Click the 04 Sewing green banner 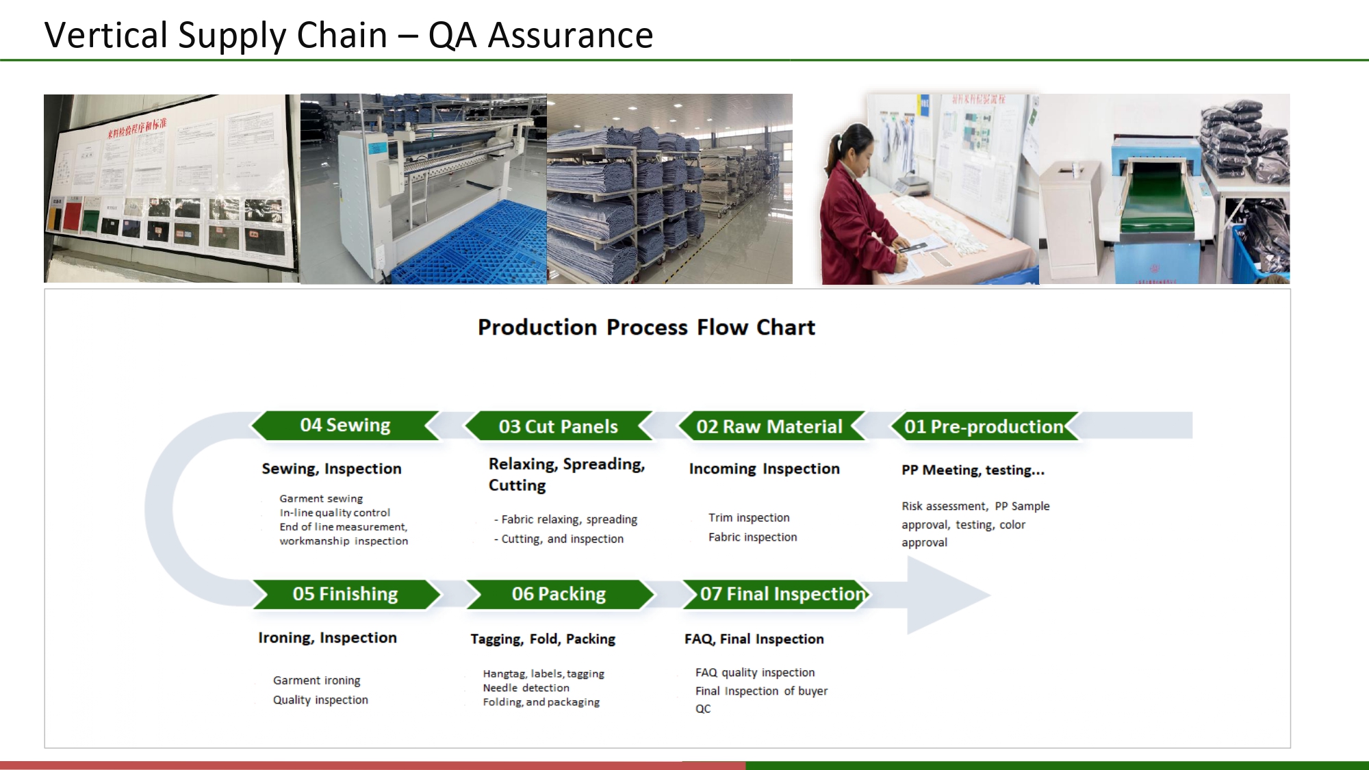point(345,425)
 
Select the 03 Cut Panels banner point(558,426)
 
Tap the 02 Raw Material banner point(769,426)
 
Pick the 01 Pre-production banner point(984,426)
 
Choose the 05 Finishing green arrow point(345,594)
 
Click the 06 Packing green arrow point(559,594)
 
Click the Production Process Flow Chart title point(646,327)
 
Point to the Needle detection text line point(526,688)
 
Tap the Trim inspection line point(749,517)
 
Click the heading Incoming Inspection point(764,469)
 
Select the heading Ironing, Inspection point(327,638)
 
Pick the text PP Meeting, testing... point(972,470)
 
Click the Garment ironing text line point(316,680)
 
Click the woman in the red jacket point(856,212)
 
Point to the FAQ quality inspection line point(755,673)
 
